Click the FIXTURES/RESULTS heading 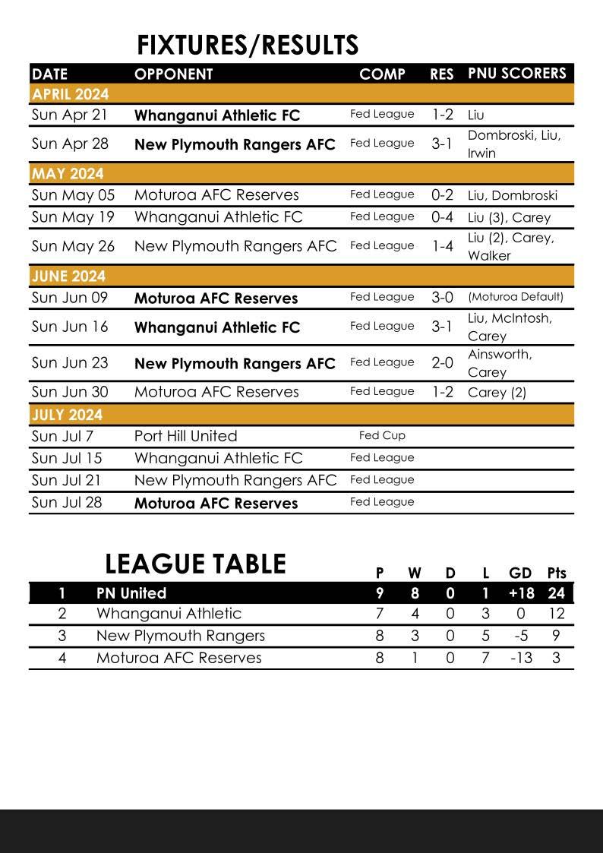(247, 46)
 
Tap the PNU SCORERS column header (516, 74)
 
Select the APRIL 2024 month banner (71, 94)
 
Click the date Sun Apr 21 (70, 115)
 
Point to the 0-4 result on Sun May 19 (442, 217)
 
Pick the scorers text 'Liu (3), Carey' (509, 217)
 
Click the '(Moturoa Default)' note (516, 297)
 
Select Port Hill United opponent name (185, 436)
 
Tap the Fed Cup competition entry (382, 436)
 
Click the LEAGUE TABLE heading (195, 564)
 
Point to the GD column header (520, 573)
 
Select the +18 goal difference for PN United (520, 593)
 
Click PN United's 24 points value (556, 593)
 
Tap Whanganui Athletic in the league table (169, 614)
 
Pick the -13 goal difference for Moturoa (520, 658)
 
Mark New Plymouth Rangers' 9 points (556, 636)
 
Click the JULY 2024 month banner (68, 415)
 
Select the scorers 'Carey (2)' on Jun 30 (497, 393)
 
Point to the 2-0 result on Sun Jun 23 (442, 363)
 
